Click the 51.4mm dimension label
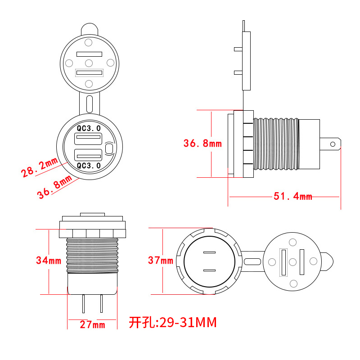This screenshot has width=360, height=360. coord(292,197)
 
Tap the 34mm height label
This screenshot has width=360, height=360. coord(49,261)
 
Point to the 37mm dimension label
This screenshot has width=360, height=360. coord(160,261)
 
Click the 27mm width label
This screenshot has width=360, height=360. coord(92,324)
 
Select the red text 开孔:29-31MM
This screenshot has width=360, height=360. coord(173,322)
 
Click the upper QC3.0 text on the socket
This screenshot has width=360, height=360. coord(89,128)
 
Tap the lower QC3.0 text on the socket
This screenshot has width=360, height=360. coord(89,166)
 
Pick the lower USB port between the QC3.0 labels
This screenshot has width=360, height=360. coord(89,156)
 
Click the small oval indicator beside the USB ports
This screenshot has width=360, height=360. coord(109,148)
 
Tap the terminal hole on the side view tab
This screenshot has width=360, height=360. coord(333,144)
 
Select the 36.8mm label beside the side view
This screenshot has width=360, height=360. coord(202,144)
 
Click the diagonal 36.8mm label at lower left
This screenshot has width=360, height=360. coord(54,188)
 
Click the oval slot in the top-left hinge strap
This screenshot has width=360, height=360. coord(89,103)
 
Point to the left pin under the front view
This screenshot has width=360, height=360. coord(83,304)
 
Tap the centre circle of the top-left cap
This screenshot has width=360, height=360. coord(89,63)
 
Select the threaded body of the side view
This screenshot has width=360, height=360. coord(276,144)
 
